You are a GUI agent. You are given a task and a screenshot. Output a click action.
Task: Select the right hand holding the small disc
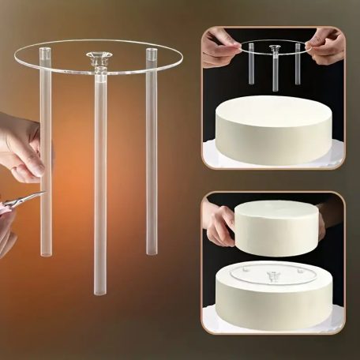pyautogui.click(x=325, y=46)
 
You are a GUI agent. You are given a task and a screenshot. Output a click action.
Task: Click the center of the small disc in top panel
pyautogui.click(x=275, y=48)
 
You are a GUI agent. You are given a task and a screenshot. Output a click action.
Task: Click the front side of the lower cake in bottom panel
pyautogui.click(x=272, y=308)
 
